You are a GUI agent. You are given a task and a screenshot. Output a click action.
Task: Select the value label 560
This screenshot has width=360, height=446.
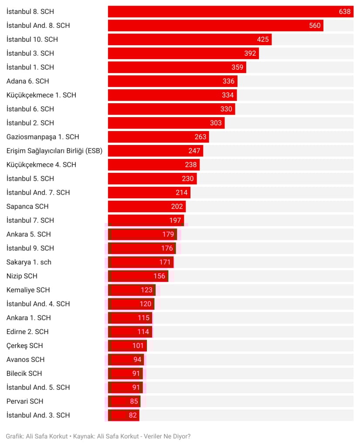315,26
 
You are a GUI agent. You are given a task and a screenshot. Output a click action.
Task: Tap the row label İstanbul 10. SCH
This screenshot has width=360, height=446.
32,40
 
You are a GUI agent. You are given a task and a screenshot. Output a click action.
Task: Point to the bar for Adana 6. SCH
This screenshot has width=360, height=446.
172,81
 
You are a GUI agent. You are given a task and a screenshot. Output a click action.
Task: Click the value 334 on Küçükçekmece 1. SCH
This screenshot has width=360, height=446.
228,95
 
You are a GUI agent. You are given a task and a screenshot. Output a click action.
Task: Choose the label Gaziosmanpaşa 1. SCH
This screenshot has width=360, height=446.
43,137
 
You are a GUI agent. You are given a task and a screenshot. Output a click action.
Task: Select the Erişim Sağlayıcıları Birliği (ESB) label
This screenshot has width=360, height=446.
54,151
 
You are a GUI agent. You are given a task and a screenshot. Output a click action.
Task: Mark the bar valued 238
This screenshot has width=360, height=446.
153,165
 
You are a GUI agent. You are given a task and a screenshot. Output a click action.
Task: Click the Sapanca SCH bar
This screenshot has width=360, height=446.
146,206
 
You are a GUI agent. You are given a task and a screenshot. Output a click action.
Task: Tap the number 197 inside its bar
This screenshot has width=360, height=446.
175,220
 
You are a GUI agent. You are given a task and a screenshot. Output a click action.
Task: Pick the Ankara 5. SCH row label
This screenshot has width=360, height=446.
29,234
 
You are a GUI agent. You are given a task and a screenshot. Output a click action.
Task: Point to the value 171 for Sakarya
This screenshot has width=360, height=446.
165,262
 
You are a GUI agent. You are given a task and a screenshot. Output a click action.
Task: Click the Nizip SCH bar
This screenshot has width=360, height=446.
138,276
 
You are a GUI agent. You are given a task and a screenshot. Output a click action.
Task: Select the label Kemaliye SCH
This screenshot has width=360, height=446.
28,290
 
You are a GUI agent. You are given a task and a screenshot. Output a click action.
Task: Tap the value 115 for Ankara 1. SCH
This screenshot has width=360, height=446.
144,318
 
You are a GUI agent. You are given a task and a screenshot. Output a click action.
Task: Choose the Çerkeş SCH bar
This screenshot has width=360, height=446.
127,346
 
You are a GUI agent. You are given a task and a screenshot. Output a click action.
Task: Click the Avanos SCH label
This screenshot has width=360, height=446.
26,360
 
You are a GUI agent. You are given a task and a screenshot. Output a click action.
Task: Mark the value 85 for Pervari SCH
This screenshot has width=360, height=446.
134,401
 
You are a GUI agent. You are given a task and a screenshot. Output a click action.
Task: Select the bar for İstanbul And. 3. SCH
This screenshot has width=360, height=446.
123,415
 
